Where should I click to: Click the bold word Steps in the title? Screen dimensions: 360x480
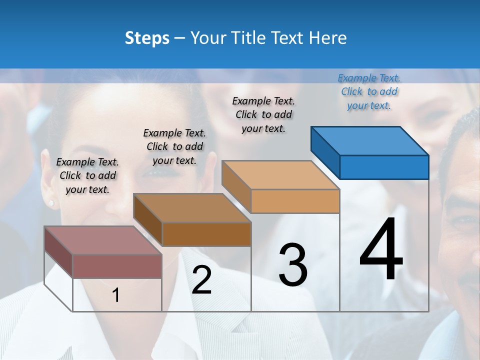pyautogui.click(x=147, y=38)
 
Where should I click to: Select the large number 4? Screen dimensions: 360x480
pyautogui.click(x=381, y=250)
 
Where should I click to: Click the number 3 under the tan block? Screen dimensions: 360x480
pyautogui.click(x=293, y=264)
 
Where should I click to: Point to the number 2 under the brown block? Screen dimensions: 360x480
pyautogui.click(x=201, y=280)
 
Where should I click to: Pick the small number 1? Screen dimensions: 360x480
pyautogui.click(x=116, y=295)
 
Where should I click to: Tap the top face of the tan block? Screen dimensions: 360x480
pyautogui.click(x=280, y=175)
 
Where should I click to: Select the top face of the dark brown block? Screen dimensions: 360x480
pyautogui.click(x=192, y=208)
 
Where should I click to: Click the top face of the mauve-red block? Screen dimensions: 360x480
pyautogui.click(x=103, y=240)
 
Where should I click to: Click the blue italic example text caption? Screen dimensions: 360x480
pyautogui.click(x=369, y=91)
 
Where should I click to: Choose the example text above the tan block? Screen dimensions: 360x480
pyautogui.click(x=263, y=114)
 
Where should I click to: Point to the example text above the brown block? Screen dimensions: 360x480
pyautogui.click(x=174, y=146)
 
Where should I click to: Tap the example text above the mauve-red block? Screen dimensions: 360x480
pyautogui.click(x=87, y=175)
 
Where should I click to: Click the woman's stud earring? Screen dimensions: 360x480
pyautogui.click(x=51, y=203)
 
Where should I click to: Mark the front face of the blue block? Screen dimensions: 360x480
pyautogui.click(x=384, y=167)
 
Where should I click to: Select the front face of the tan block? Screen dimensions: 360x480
pyautogui.click(x=295, y=201)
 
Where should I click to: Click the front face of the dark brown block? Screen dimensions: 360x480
pyautogui.click(x=206, y=234)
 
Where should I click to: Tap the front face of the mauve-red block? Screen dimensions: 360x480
pyautogui.click(x=117, y=266)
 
